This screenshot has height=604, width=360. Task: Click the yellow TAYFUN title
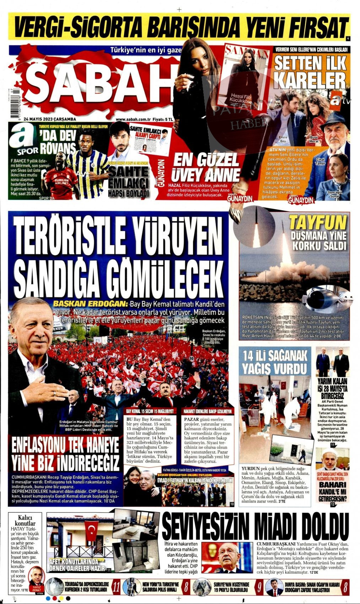click(x=317, y=223)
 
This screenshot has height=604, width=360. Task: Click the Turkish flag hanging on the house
click(x=91, y=531)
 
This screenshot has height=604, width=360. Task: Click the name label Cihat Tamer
click(x=320, y=161)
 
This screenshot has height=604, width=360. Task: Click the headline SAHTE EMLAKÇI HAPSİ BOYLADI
click(x=129, y=182)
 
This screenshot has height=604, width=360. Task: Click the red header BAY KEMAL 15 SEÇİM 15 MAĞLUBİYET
click(x=150, y=411)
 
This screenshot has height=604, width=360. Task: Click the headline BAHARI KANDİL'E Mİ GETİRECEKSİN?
click(x=332, y=491)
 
